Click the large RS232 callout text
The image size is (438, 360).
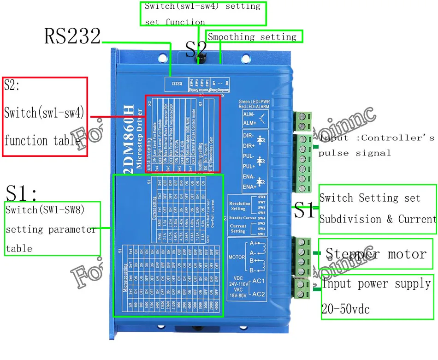(x=72, y=36)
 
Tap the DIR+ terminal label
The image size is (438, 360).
(x=249, y=146)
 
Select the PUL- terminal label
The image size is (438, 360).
(x=249, y=156)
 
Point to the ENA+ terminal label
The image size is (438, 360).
(x=249, y=186)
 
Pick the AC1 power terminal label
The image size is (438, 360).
(x=259, y=281)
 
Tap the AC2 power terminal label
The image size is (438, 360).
(x=259, y=294)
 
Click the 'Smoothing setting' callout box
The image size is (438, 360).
(x=254, y=37)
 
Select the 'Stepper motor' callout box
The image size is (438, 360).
(x=376, y=253)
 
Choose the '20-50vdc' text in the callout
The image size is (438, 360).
(x=345, y=309)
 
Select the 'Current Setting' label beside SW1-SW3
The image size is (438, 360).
(x=238, y=228)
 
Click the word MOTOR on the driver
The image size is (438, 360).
(x=237, y=257)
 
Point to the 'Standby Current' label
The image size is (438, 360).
(x=242, y=217)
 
